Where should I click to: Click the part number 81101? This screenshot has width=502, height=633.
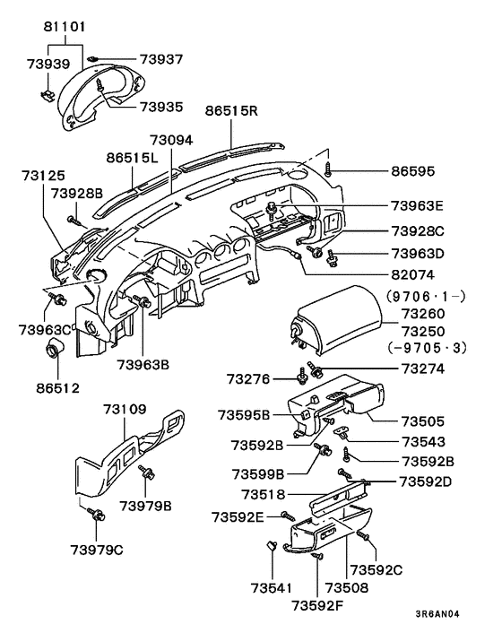[x=65, y=28]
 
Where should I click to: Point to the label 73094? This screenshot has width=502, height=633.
[x=171, y=141]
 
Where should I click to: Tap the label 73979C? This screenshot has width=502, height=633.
[x=97, y=549]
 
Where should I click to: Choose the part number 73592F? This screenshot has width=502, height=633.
[x=317, y=604]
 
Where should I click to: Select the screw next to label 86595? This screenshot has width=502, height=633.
[x=330, y=168]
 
